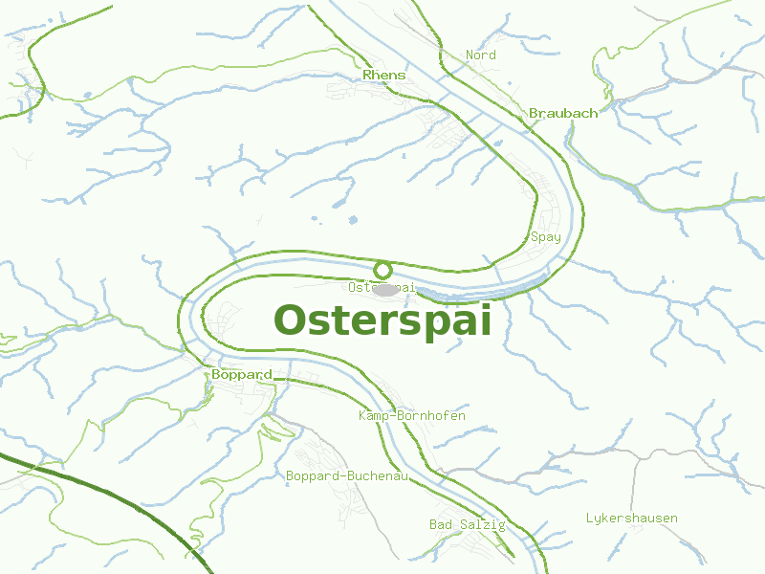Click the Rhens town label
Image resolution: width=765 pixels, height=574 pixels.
384,75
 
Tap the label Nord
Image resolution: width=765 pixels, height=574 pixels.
480,55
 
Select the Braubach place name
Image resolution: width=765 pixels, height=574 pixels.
563,113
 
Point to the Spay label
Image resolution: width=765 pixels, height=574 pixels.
545,237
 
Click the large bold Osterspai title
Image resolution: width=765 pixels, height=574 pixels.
382,320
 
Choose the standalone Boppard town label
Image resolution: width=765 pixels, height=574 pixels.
242,374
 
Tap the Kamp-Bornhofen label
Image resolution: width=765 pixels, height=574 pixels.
412,416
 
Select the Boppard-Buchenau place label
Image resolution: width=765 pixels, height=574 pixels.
347,475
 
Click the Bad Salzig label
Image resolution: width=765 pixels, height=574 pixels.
468,524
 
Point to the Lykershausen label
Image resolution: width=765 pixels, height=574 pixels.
631,519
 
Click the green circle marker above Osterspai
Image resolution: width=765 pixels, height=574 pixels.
382,270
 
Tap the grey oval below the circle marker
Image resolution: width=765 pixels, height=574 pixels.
386,289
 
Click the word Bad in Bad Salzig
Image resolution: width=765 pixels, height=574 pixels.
441,524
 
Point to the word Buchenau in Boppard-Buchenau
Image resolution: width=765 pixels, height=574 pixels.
377,475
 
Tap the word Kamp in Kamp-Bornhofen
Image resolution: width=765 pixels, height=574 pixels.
374,416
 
